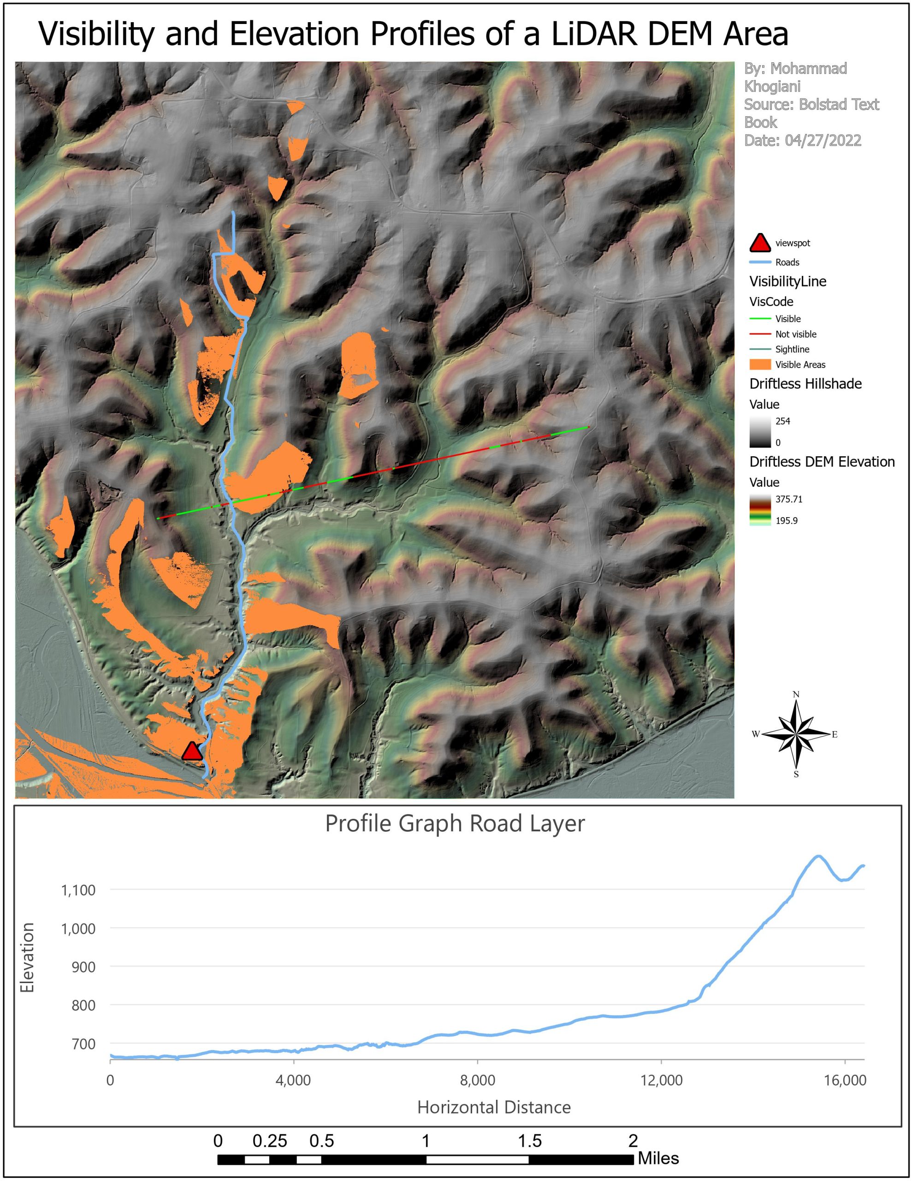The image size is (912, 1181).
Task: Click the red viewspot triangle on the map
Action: (191, 752)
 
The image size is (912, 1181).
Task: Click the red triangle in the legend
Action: (759, 243)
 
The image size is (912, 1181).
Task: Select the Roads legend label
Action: (787, 262)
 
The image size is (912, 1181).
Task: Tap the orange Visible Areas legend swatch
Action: (759, 364)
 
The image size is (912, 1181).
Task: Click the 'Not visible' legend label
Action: (795, 334)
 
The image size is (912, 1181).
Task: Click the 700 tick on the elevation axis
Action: (84, 1044)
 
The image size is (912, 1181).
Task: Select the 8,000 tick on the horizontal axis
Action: (477, 1080)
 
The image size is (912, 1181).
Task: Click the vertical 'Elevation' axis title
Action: (27, 958)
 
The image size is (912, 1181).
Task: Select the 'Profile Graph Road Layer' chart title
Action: (455, 823)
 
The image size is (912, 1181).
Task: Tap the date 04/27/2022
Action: (823, 141)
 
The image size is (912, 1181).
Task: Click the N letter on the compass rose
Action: (796, 694)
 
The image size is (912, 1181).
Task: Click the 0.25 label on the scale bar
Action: (270, 1141)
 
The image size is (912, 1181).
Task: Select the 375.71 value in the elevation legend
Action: (789, 499)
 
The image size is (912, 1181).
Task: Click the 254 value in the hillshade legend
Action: (782, 421)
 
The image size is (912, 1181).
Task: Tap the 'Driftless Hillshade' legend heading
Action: (805, 384)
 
